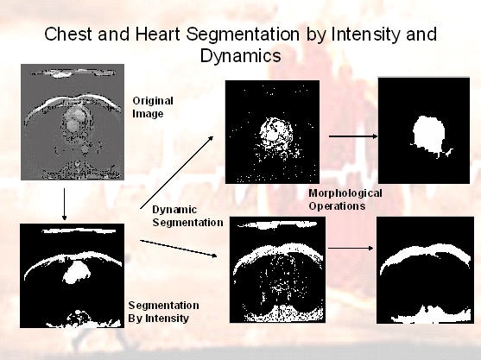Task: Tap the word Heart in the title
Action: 157,34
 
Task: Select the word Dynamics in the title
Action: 240,56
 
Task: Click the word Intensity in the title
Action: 366,35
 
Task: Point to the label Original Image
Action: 153,107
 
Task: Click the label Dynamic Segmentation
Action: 187,216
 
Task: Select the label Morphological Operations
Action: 345,199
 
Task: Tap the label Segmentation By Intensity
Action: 163,312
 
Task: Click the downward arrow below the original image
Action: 64,205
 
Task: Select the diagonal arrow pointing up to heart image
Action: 177,173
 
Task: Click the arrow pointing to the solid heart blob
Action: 353,136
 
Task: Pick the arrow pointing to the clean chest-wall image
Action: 351,248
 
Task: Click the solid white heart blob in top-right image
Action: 429,134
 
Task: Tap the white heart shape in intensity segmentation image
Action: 77,272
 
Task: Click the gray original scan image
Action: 73,122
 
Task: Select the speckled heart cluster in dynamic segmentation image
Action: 275,135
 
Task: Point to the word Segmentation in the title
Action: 243,35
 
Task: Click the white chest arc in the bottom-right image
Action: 425,256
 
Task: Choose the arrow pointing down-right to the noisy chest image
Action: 179,248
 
